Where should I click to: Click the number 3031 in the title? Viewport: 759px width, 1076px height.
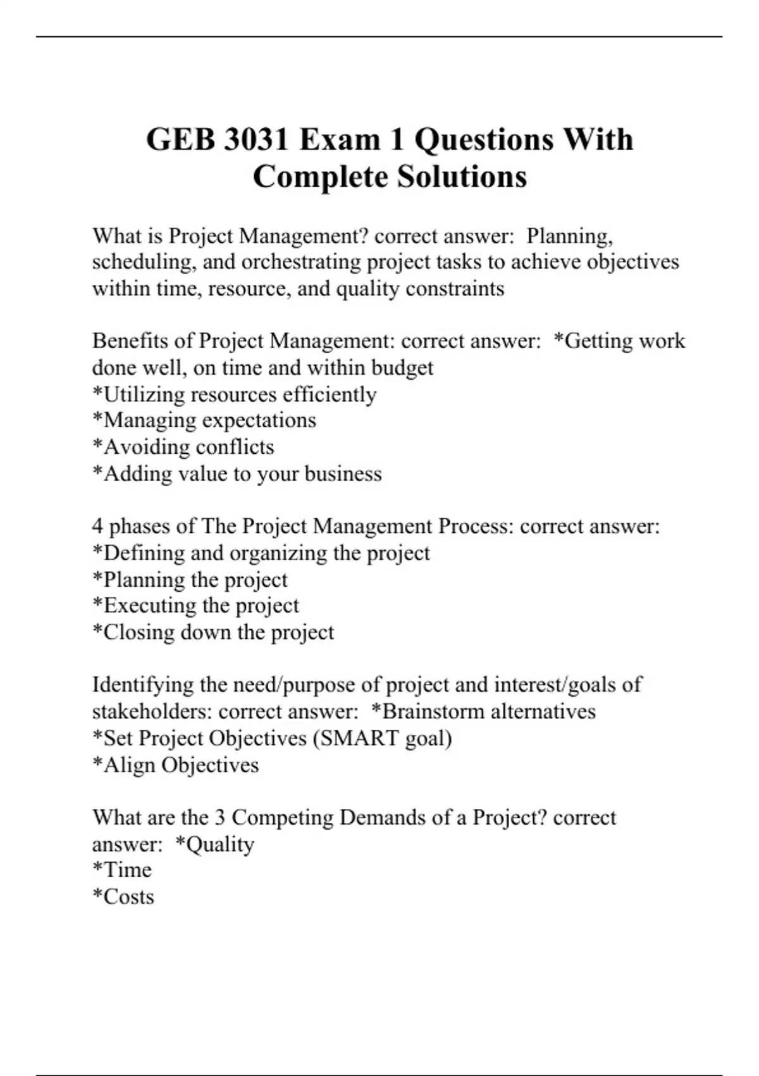(x=256, y=139)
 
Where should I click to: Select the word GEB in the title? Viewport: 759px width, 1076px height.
(x=180, y=139)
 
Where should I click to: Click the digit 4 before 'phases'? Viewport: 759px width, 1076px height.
(x=97, y=526)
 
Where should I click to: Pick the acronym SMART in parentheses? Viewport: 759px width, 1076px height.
(x=358, y=738)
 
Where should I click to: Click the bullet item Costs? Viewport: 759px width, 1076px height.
(x=128, y=897)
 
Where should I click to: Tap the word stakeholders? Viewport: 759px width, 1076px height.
(x=152, y=711)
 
